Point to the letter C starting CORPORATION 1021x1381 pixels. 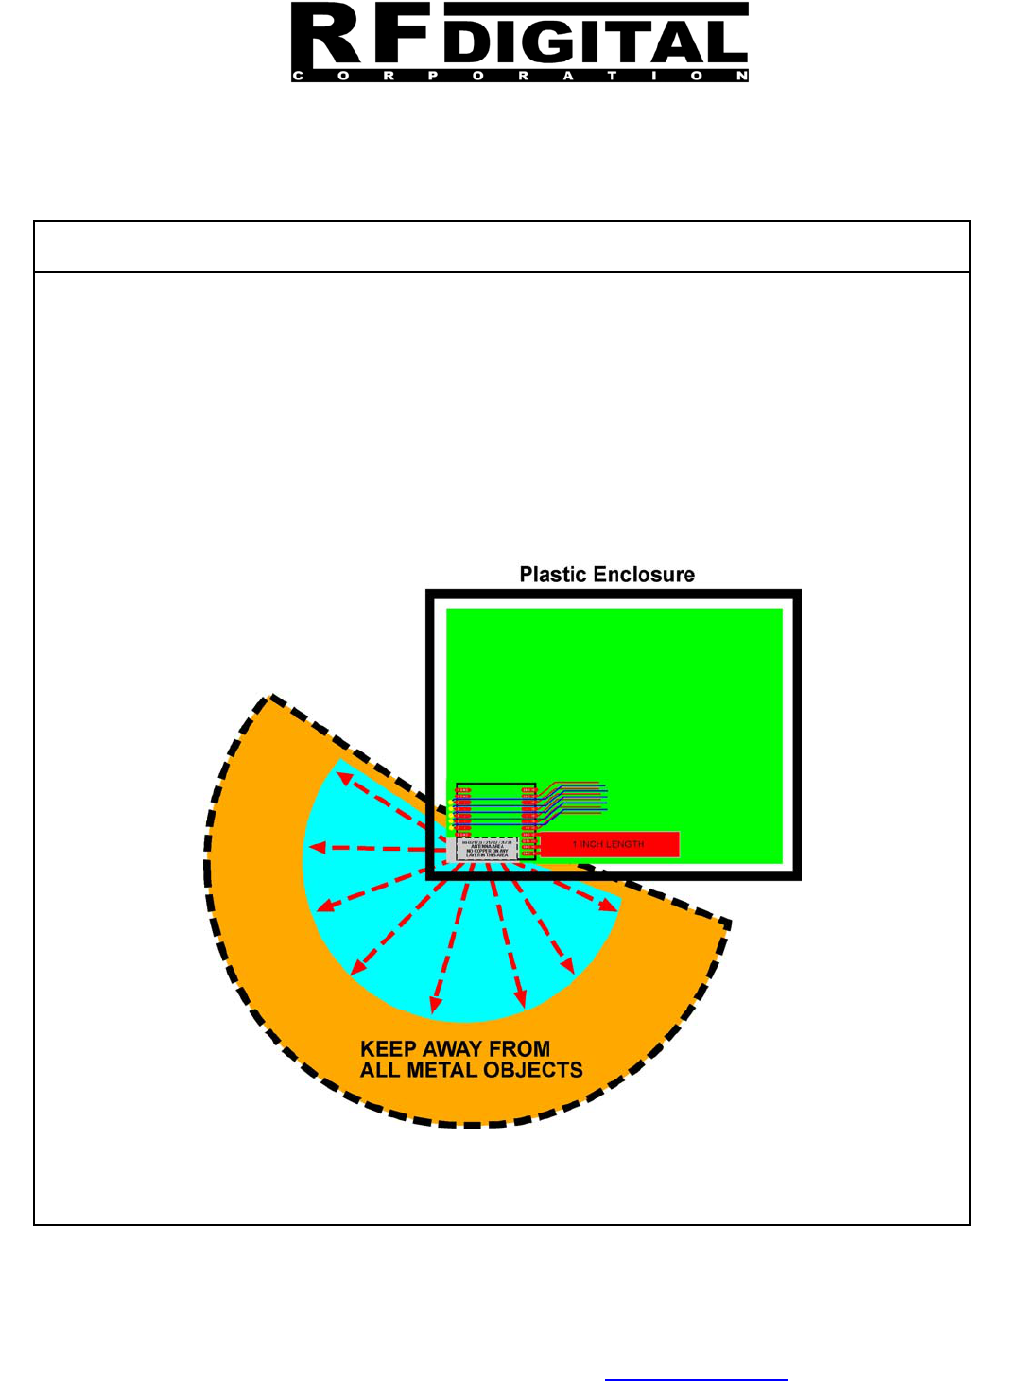tap(298, 76)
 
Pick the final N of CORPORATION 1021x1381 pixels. tap(742, 76)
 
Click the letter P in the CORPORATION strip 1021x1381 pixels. tap(433, 76)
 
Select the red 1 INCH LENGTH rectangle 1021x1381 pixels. tap(609, 844)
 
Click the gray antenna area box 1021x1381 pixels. tap(486, 849)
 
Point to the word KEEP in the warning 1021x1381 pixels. tap(389, 1049)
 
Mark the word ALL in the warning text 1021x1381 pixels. tap(380, 1071)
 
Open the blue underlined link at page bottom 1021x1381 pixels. tap(696, 1375)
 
